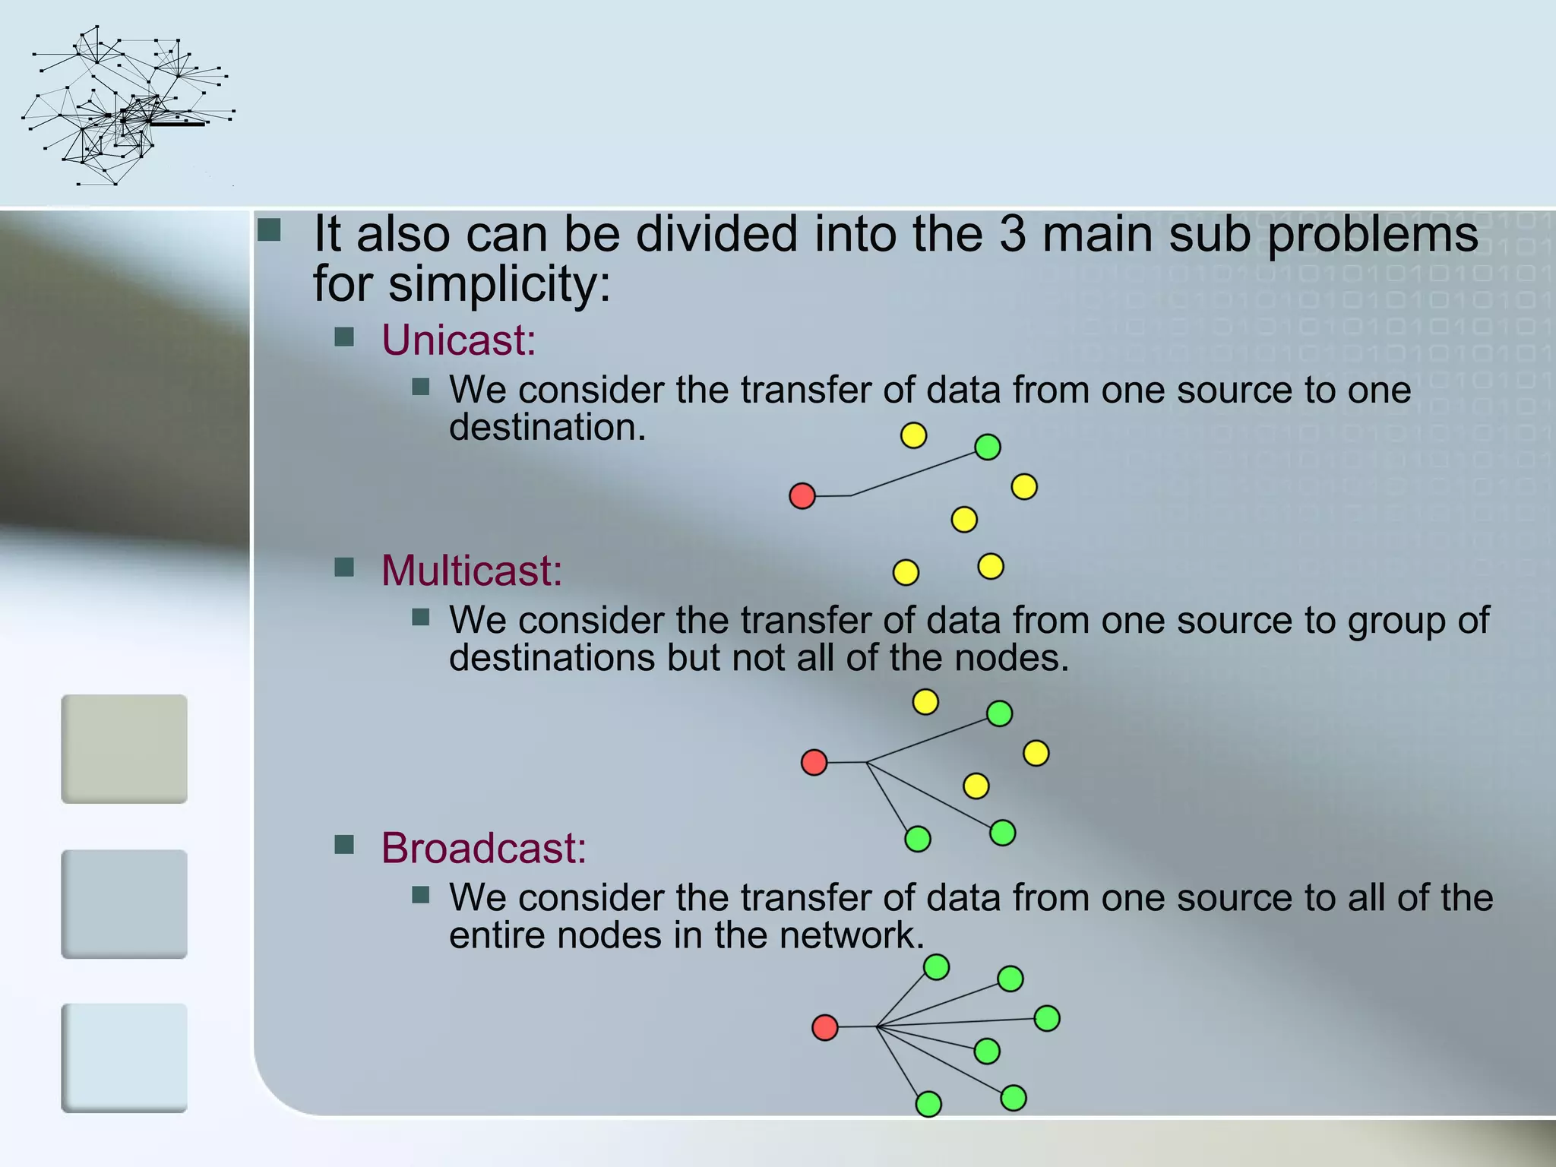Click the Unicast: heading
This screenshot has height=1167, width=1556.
(458, 340)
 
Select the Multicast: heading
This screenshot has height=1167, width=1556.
(471, 571)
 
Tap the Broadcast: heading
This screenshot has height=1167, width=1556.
(483, 848)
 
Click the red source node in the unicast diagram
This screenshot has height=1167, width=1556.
(802, 496)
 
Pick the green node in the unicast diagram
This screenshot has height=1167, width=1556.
(987, 447)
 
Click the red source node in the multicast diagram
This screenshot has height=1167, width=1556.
(814, 762)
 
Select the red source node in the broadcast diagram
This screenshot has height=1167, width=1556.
(824, 1028)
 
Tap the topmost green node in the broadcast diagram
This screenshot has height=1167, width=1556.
(936, 967)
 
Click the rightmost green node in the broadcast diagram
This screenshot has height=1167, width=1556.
(1047, 1018)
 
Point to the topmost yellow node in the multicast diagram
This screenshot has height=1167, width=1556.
(925, 701)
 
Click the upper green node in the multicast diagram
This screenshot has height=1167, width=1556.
(999, 713)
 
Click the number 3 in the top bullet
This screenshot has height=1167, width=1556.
(1012, 234)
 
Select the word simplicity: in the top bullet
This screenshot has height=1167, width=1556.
(499, 284)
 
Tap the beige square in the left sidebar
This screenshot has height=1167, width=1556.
(124, 748)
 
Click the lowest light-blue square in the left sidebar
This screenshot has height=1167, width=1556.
(124, 1058)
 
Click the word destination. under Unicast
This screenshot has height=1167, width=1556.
(547, 428)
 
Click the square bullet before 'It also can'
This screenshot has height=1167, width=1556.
(269, 229)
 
